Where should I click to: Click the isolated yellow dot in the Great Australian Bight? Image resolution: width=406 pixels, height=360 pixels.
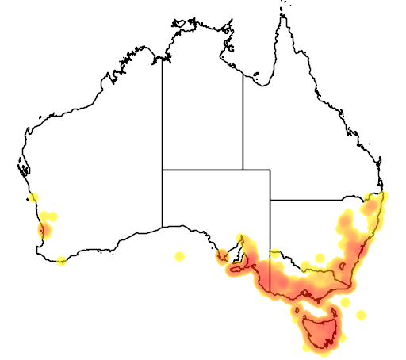click(x=179, y=255)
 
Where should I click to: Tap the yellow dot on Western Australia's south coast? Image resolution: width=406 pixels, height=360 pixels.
click(x=61, y=261)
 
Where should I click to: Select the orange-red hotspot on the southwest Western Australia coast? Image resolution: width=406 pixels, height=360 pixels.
click(x=44, y=231)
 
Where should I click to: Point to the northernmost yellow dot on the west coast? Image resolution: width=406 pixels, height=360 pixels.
click(x=33, y=197)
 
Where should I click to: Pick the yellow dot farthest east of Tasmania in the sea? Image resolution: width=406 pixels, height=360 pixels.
click(x=362, y=315)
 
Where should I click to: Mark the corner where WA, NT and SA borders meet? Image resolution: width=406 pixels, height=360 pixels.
click(x=163, y=169)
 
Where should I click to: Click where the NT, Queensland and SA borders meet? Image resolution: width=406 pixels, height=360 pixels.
click(x=243, y=169)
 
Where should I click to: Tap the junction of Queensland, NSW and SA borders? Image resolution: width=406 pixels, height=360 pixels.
click(x=270, y=199)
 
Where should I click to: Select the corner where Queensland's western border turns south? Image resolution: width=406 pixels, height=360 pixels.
click(x=270, y=169)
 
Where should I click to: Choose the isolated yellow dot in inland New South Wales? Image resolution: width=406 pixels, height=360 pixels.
click(x=319, y=258)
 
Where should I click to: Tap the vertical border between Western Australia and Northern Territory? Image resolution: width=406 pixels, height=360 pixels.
click(x=163, y=119)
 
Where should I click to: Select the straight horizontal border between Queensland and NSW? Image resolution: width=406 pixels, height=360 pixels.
click(x=317, y=199)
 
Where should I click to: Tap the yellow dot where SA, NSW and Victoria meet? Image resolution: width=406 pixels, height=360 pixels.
click(x=274, y=255)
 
